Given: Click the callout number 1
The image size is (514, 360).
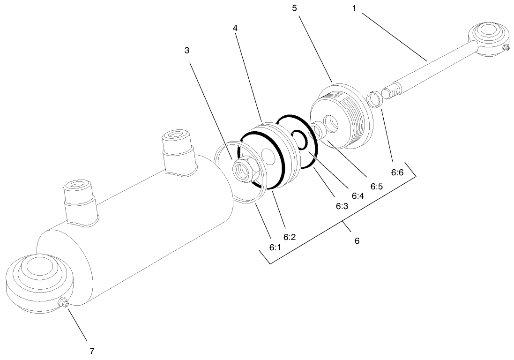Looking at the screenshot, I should (354, 8).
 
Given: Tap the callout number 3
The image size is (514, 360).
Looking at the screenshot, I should (186, 51).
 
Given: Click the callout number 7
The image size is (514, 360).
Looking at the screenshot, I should (92, 350).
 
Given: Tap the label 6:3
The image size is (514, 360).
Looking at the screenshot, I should (342, 206).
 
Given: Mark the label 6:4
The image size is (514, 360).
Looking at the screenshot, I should (357, 195).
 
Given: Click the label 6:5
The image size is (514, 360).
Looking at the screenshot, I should (377, 186).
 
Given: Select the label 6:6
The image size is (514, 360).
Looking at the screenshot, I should (398, 172).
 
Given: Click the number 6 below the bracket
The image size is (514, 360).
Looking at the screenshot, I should (357, 241).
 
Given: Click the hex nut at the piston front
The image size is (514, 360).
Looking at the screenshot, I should (245, 169).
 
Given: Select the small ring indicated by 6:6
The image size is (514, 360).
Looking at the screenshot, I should (374, 99).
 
